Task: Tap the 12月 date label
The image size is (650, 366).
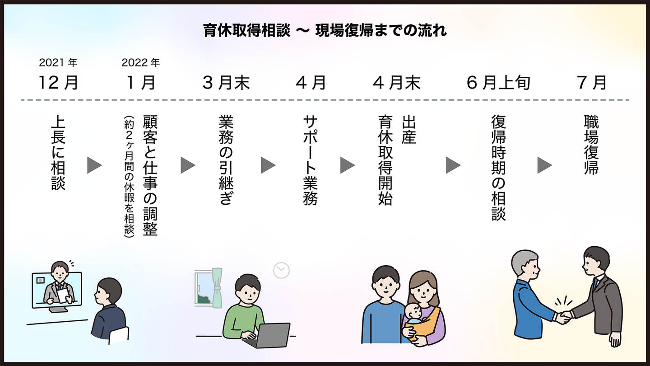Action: [58, 83]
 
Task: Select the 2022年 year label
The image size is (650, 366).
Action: [140, 62]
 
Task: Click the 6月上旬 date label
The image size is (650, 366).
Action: [498, 83]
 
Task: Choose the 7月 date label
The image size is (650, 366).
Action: [591, 83]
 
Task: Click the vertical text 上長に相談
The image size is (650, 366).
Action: [58, 152]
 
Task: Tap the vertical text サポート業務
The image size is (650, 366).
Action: [311, 160]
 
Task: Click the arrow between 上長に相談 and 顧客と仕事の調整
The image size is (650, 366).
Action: [94, 165]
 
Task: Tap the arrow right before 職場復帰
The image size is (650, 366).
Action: [544, 165]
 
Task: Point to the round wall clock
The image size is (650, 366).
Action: [281, 270]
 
